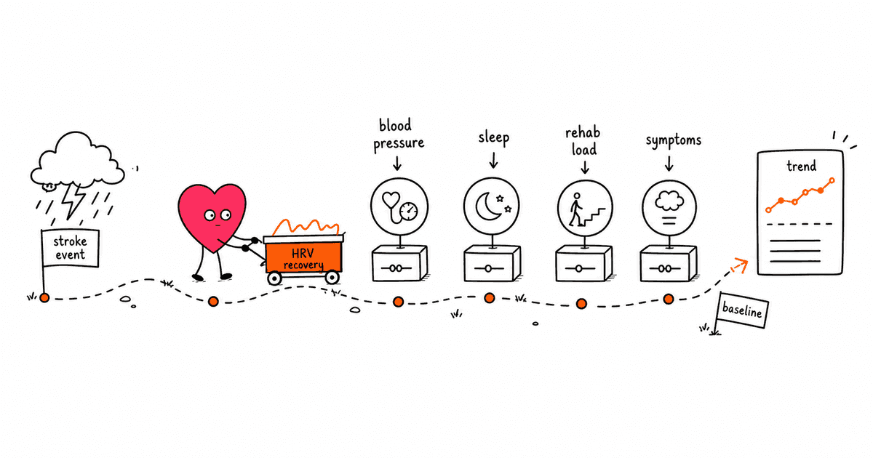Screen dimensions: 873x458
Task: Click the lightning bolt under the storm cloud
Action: (75, 201)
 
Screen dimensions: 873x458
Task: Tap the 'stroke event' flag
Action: (70, 248)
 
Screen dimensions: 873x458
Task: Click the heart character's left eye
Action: (210, 215)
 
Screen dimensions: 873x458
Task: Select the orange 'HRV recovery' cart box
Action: (303, 256)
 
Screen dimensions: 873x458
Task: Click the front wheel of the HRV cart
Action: (332, 277)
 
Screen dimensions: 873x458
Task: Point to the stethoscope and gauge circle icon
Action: (399, 206)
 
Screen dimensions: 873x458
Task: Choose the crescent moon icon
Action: (488, 206)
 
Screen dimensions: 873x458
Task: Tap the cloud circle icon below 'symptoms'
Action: (669, 208)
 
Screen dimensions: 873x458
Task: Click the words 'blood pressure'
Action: (399, 134)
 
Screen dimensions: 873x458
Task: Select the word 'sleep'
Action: (494, 138)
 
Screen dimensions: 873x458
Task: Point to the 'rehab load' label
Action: (583, 141)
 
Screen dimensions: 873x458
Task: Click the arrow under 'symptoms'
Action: (669, 164)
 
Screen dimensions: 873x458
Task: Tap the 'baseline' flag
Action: (743, 310)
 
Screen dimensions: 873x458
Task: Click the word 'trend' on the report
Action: (801, 166)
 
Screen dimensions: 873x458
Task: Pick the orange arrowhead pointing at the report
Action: (741, 264)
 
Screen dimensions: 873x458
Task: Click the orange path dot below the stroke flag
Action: (44, 298)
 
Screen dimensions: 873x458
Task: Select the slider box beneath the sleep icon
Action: (493, 263)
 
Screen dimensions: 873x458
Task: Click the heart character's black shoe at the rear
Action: (198, 278)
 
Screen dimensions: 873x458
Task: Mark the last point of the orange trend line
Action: (832, 180)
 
